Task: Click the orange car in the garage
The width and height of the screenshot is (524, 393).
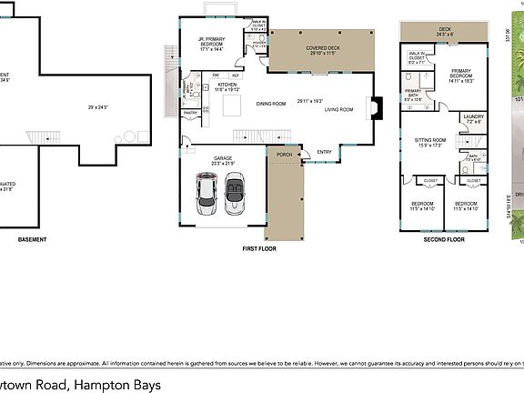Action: pyautogui.click(x=207, y=191)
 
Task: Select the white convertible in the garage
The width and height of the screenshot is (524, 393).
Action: pyautogui.click(x=233, y=192)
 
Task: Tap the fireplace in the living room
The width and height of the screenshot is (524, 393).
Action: pyautogui.click(x=374, y=109)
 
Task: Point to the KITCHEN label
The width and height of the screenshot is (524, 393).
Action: pyautogui.click(x=227, y=85)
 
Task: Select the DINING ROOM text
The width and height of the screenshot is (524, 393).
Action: pyautogui.click(x=270, y=104)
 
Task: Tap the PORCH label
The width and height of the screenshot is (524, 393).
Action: pyautogui.click(x=284, y=154)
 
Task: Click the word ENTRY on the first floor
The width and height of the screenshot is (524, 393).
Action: pyautogui.click(x=325, y=152)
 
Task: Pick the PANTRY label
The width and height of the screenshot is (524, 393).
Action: pyautogui.click(x=191, y=112)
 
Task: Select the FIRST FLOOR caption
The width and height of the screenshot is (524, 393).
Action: pyautogui.click(x=260, y=248)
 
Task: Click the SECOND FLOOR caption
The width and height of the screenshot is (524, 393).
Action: pyautogui.click(x=442, y=239)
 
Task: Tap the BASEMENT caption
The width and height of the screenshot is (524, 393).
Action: pyautogui.click(x=32, y=239)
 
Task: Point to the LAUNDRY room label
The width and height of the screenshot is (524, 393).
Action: pyautogui.click(x=472, y=116)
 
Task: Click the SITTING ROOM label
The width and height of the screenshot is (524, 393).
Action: pyautogui.click(x=428, y=140)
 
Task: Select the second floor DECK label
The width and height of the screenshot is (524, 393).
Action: pyautogui.click(x=444, y=29)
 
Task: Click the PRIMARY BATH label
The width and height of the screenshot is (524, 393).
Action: pyautogui.click(x=413, y=91)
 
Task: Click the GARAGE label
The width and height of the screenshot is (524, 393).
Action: pyautogui.click(x=223, y=158)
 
